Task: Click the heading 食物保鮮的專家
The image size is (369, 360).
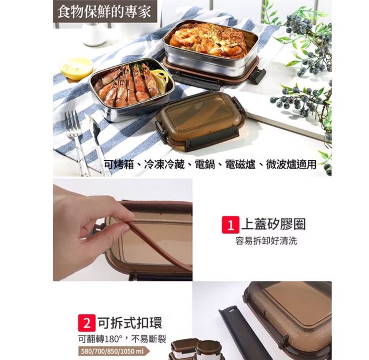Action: (104, 12)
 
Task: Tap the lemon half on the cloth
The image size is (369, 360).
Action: (77, 68)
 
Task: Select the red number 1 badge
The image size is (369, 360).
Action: (231, 224)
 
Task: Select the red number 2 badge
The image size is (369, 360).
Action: (87, 323)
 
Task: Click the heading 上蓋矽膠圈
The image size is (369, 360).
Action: (273, 224)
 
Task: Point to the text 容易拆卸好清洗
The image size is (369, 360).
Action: (266, 241)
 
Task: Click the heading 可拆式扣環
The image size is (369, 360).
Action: (130, 322)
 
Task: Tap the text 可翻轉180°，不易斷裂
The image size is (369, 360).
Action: (122, 339)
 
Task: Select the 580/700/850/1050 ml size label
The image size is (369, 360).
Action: (112, 351)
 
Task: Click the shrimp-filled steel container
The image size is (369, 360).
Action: (132, 89)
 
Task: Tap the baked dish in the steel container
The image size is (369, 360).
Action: (208, 41)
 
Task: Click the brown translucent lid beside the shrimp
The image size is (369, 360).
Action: (200, 121)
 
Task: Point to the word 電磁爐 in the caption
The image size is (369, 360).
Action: (240, 164)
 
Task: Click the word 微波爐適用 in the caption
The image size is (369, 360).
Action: (291, 164)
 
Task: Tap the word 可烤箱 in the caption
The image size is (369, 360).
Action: (119, 164)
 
